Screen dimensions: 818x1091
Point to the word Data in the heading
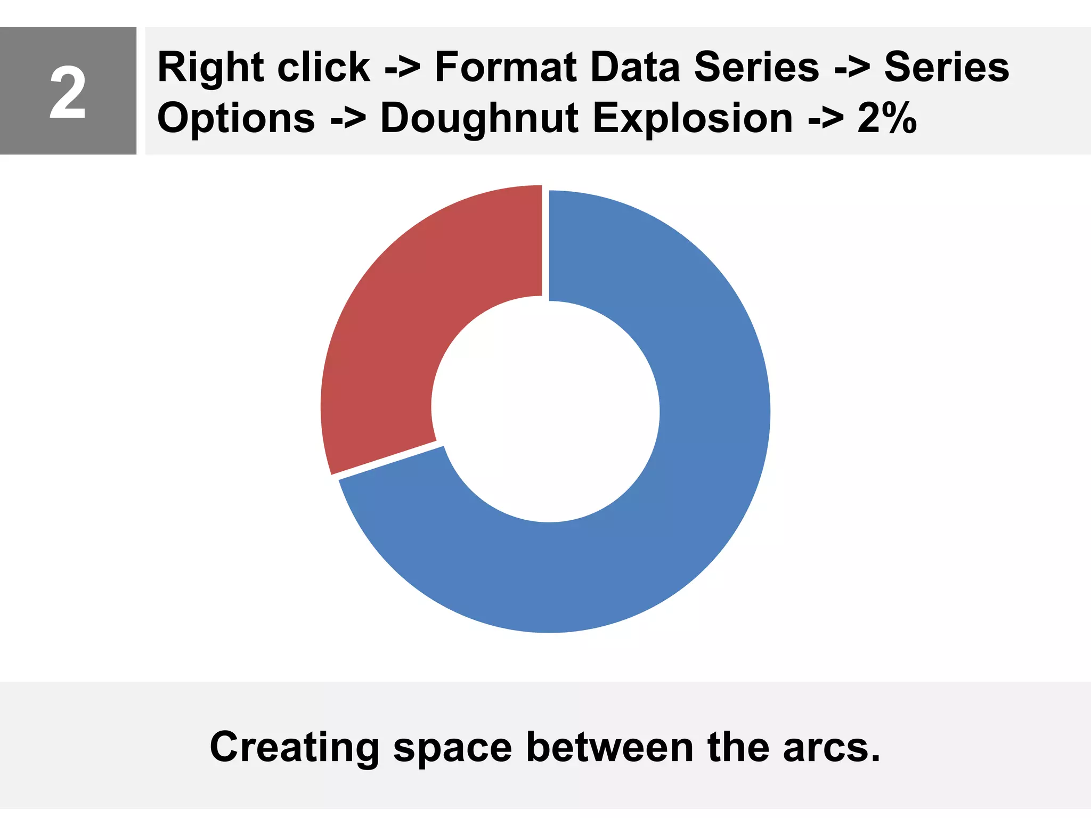(x=636, y=68)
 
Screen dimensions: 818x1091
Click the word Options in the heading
(x=236, y=118)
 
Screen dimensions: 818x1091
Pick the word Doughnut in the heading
(x=479, y=118)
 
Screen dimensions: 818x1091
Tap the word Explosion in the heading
(x=693, y=118)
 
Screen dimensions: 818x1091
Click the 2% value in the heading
(x=887, y=118)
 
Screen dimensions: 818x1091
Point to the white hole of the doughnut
(x=545, y=410)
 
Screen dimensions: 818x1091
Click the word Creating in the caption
(x=295, y=747)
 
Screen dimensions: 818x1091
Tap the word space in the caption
(x=452, y=747)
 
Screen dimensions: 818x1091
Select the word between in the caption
(x=610, y=747)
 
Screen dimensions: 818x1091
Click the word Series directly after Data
(x=756, y=68)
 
